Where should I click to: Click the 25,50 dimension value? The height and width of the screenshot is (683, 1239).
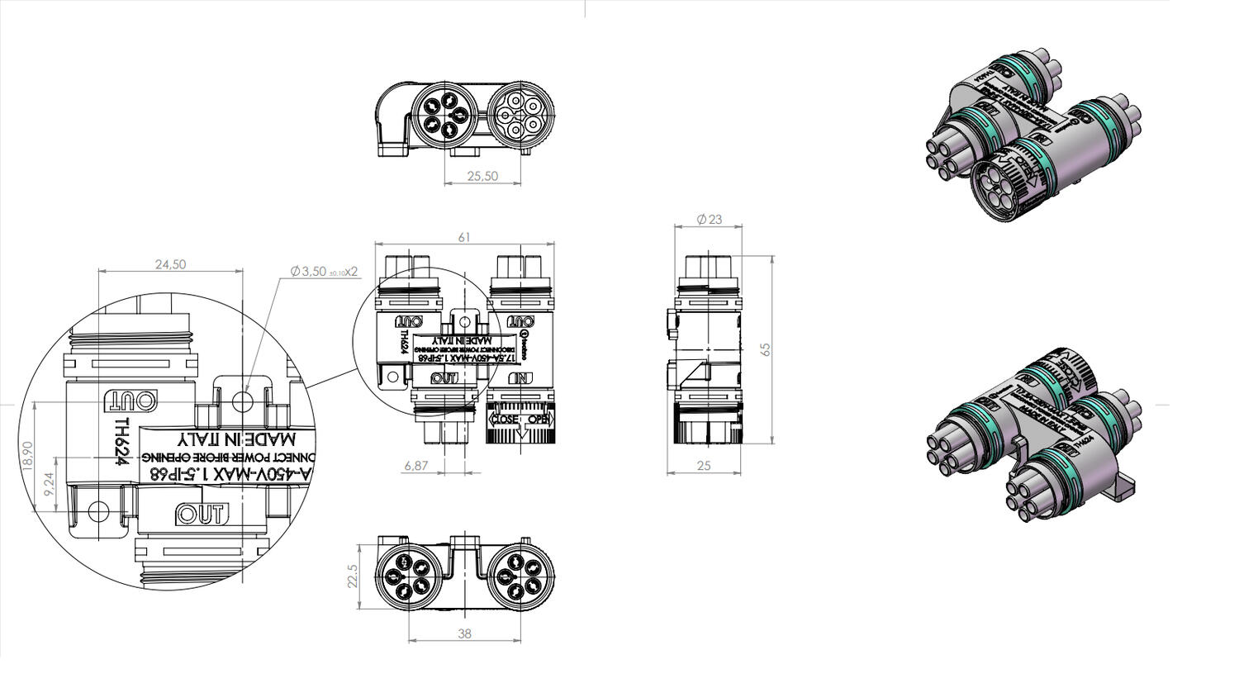point(482,176)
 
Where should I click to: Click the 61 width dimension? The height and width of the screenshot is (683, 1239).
point(464,237)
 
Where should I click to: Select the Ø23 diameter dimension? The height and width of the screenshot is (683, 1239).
point(709,219)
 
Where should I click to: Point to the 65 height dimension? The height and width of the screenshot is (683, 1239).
point(765,349)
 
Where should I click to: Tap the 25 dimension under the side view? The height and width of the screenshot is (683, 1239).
point(704,466)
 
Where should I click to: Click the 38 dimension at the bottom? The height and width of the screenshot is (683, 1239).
point(464,633)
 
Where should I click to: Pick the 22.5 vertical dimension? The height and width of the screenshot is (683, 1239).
point(353,576)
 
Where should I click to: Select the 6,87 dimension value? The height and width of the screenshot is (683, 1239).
point(415,466)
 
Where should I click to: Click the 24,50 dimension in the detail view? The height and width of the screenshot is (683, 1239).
point(171,264)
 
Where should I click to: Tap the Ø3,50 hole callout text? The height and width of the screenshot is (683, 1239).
point(323,271)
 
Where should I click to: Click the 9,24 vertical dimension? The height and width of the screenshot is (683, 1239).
point(49,484)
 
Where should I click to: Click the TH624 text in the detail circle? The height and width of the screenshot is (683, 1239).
point(122,441)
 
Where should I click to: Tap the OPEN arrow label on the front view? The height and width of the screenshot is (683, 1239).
point(538,419)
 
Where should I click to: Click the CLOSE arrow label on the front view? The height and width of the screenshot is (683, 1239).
point(505,419)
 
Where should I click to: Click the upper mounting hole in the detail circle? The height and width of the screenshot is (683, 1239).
point(242,401)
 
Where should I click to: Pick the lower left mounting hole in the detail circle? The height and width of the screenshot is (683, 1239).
point(97,510)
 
